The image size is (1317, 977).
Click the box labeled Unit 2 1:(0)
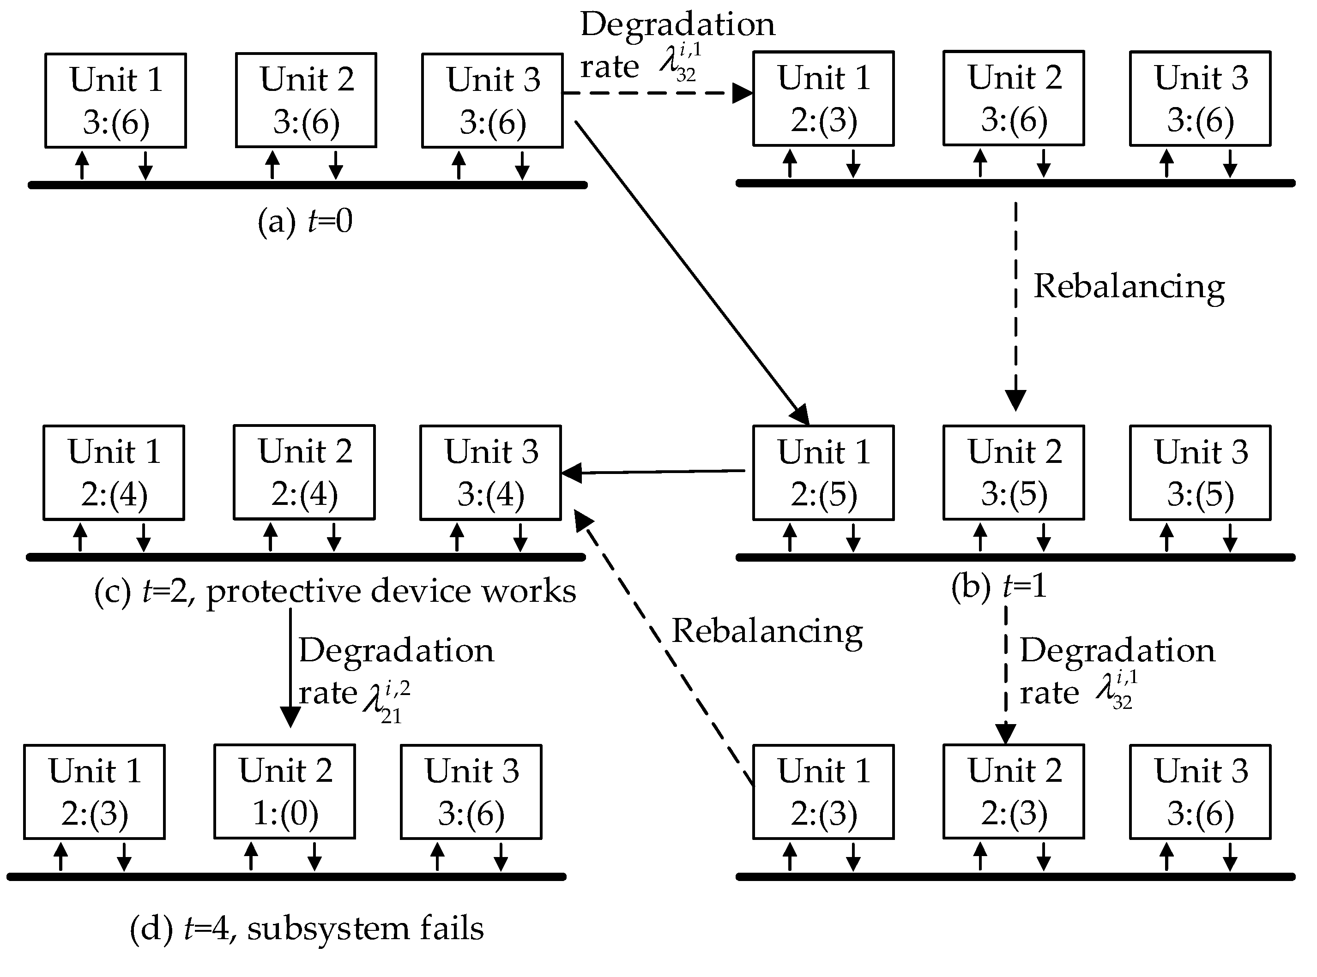coord(284,791)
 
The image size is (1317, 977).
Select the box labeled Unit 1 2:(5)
coord(823,473)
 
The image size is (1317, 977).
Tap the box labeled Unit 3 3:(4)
coord(490,473)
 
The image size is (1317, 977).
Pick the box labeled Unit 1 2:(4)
coord(114,473)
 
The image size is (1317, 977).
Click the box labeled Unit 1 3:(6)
coord(115,100)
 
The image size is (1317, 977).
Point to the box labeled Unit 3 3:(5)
coord(1200,473)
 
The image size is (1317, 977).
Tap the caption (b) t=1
coord(999,586)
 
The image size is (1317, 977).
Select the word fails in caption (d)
coord(452,928)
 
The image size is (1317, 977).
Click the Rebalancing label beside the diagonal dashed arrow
coord(767,631)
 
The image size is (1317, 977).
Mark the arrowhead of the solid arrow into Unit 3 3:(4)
coord(571,473)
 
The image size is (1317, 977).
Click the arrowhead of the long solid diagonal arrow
coord(802,416)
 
